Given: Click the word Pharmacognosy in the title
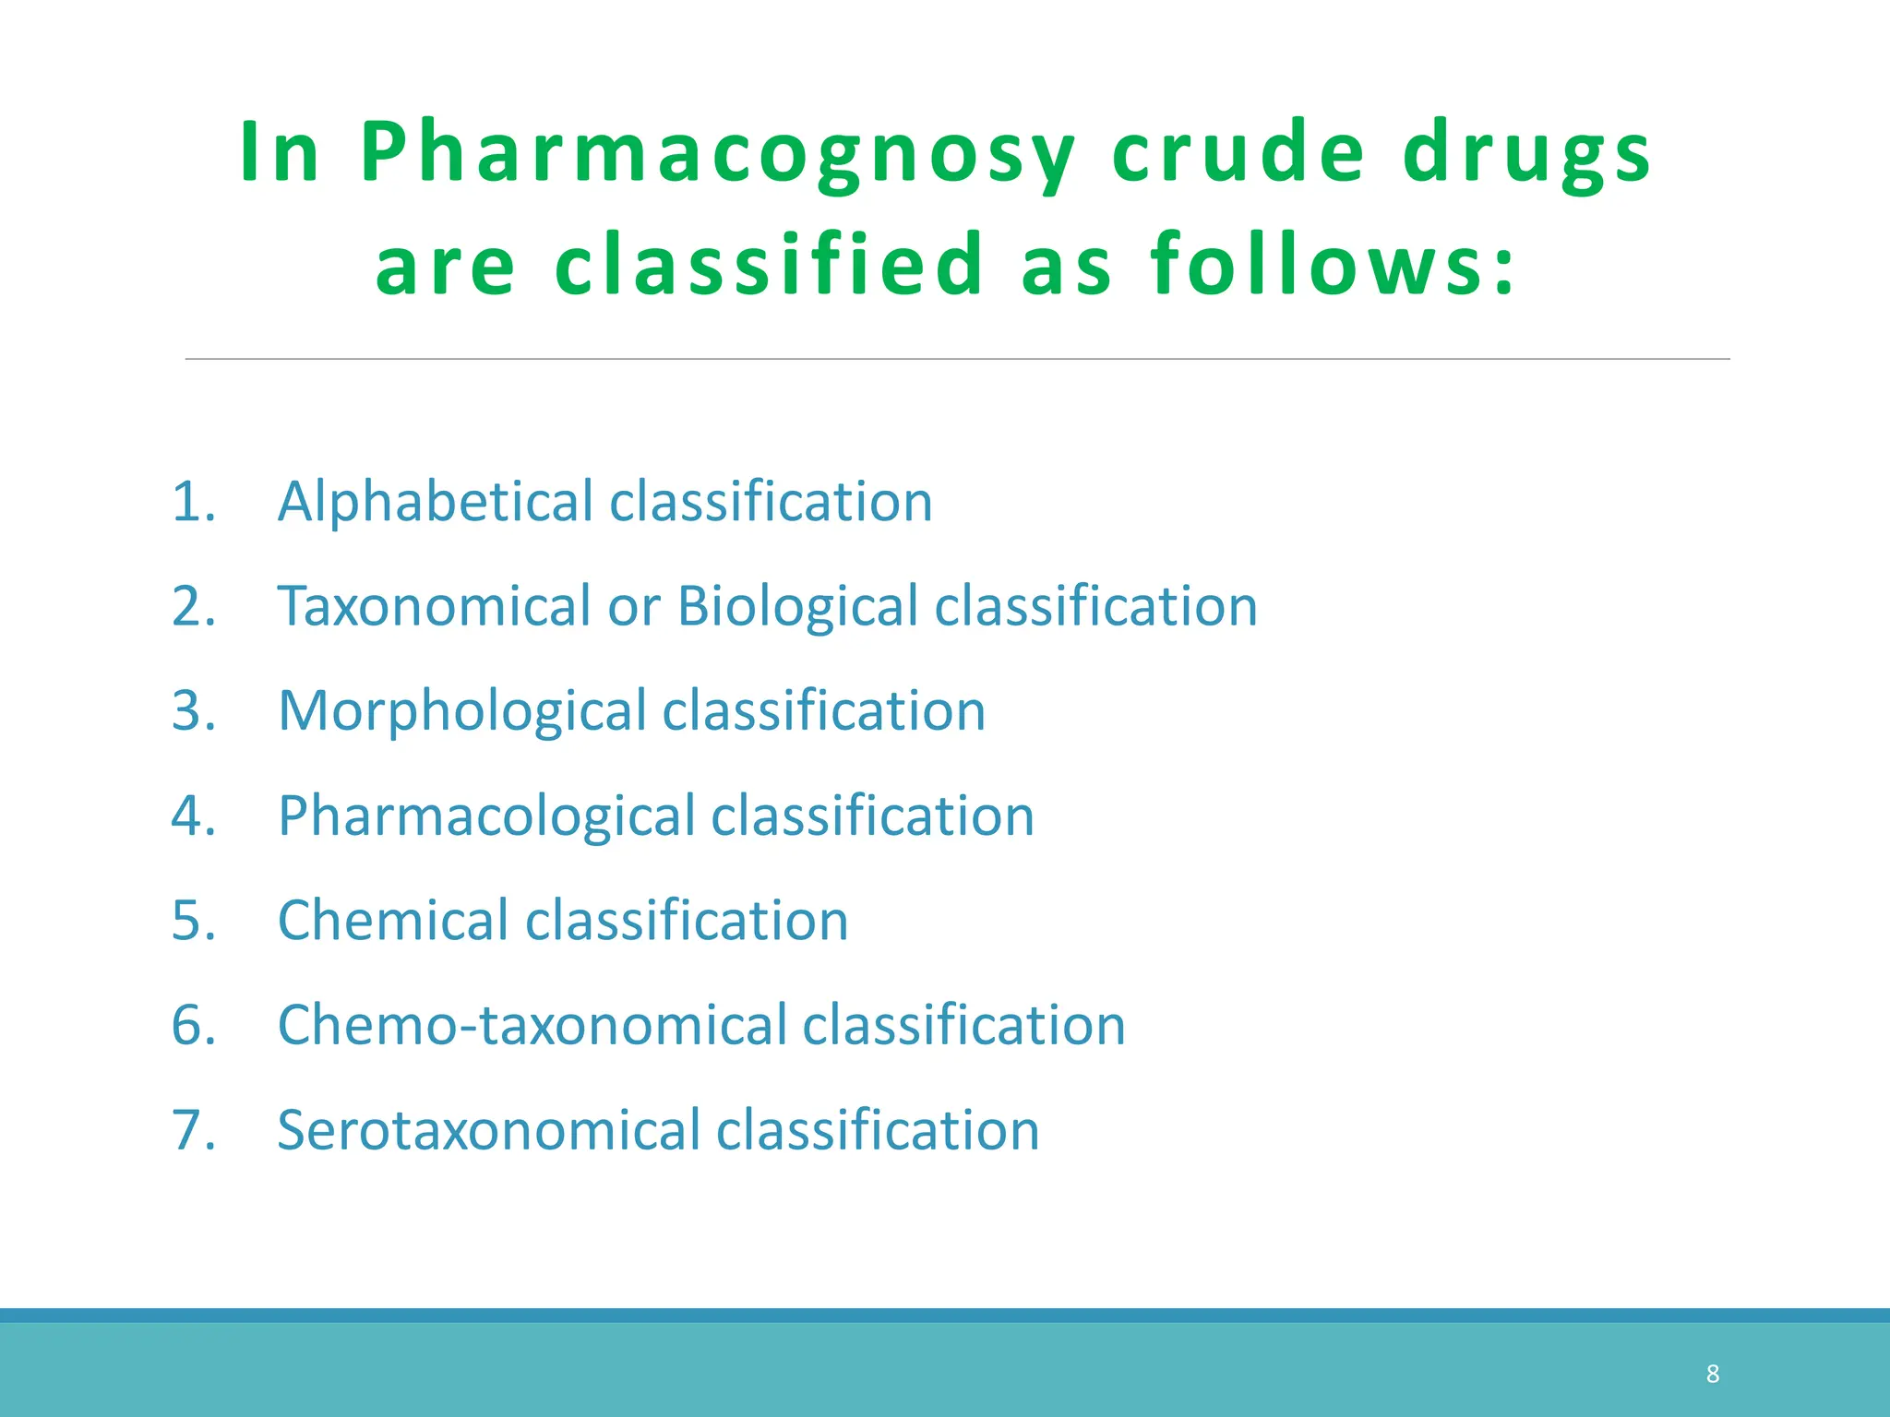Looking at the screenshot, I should click(717, 155).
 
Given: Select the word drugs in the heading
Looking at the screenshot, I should click(1527, 155).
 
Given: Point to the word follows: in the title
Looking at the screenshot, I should click(1333, 266).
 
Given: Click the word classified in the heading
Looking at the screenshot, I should click(770, 266).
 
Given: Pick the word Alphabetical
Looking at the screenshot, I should click(436, 503).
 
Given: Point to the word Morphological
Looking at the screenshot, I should click(462, 713).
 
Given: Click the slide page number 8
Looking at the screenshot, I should click(1713, 1375).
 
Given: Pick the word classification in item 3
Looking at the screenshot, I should click(824, 712).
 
